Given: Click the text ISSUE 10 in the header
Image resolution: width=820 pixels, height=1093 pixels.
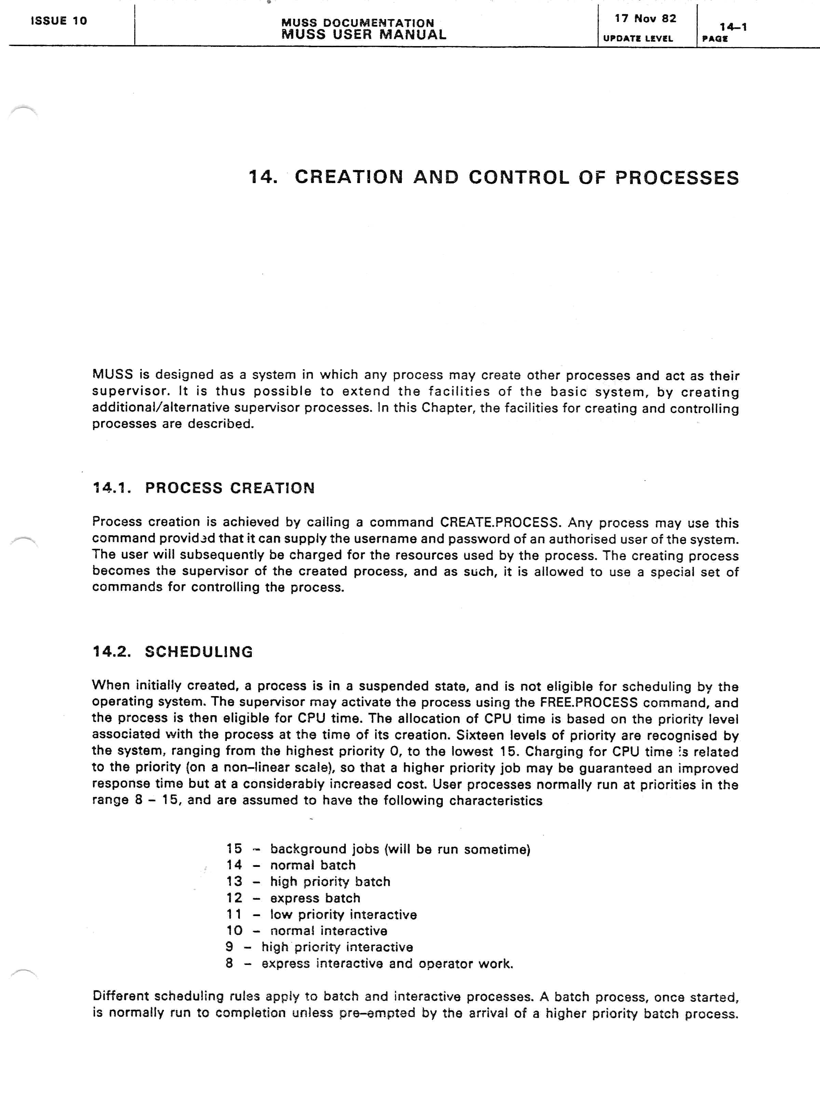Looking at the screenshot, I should pos(59,21).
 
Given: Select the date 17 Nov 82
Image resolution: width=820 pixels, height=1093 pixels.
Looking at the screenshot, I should pos(645,19).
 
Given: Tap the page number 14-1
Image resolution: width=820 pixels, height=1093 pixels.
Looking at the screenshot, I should pos(733,27).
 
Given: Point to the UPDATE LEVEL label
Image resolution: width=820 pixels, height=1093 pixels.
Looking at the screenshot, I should pos(638,39).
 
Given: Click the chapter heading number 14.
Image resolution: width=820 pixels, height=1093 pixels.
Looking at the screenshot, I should pos(262,177).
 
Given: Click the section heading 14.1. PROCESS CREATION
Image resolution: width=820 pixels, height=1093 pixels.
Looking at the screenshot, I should pos(204,488).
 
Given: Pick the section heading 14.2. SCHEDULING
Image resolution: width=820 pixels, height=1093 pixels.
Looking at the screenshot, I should pos(173,652).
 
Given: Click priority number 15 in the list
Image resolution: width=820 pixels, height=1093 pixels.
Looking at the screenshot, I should pos(234,849).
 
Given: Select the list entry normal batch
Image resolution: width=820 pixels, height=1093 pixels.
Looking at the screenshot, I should pos(312,865).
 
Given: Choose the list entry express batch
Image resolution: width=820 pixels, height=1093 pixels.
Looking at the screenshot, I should pos(315,898).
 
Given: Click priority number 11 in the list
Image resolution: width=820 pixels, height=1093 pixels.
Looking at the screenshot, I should pos(234,915).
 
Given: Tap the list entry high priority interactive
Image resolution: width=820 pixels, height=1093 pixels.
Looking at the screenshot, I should pos(337,947).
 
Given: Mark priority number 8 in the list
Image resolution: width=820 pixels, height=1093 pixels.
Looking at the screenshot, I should pos(229,964).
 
